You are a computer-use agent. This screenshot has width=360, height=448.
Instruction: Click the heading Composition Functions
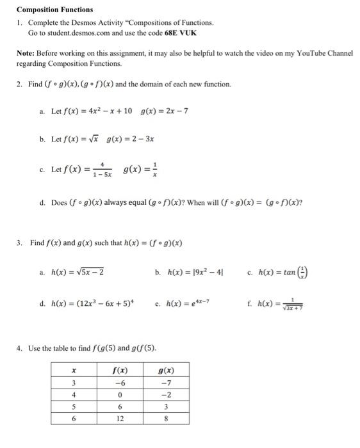54,10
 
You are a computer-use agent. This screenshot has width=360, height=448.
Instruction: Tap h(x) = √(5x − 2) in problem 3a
77,272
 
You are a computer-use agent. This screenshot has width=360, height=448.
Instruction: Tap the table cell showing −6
120,383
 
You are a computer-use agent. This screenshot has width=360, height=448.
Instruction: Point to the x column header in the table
74,371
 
